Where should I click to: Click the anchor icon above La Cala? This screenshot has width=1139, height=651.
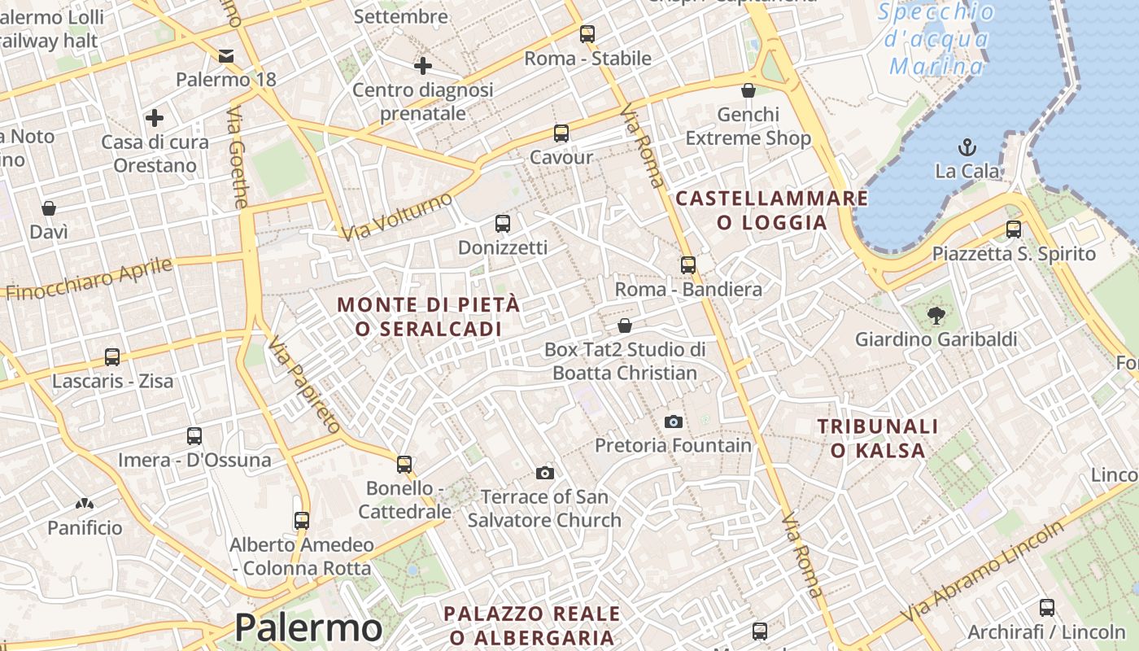pyautogui.click(x=967, y=147)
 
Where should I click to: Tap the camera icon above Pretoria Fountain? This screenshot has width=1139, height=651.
pyautogui.click(x=673, y=422)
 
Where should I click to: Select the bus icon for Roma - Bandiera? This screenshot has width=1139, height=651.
pyautogui.click(x=688, y=264)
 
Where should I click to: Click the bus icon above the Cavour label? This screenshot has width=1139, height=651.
pyautogui.click(x=561, y=133)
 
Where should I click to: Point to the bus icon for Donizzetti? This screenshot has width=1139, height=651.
pyautogui.click(x=503, y=223)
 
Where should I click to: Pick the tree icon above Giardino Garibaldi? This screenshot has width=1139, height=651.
pyautogui.click(x=936, y=315)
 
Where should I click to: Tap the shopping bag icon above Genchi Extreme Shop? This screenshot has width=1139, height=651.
pyautogui.click(x=748, y=90)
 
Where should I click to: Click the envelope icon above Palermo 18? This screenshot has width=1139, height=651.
pyautogui.click(x=226, y=55)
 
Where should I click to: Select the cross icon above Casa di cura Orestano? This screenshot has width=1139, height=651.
pyautogui.click(x=155, y=118)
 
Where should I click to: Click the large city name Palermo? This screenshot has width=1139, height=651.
pyautogui.click(x=308, y=628)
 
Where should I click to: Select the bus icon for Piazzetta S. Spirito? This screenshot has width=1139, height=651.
pyautogui.click(x=1013, y=229)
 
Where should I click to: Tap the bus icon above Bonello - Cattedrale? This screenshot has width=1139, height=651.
pyautogui.click(x=404, y=465)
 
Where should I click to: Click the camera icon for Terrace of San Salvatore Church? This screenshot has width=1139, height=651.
pyautogui.click(x=544, y=473)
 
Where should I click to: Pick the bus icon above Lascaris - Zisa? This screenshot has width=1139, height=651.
pyautogui.click(x=112, y=357)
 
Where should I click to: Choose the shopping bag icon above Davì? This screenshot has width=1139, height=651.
pyautogui.click(x=49, y=208)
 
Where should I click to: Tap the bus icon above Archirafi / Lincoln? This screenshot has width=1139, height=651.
pyautogui.click(x=1047, y=607)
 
